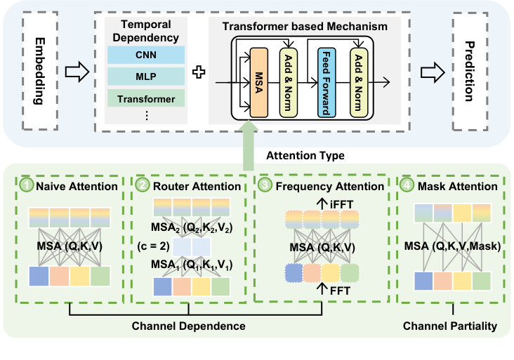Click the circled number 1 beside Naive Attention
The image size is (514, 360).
(x=26, y=186)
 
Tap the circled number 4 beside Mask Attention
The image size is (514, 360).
(x=407, y=186)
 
